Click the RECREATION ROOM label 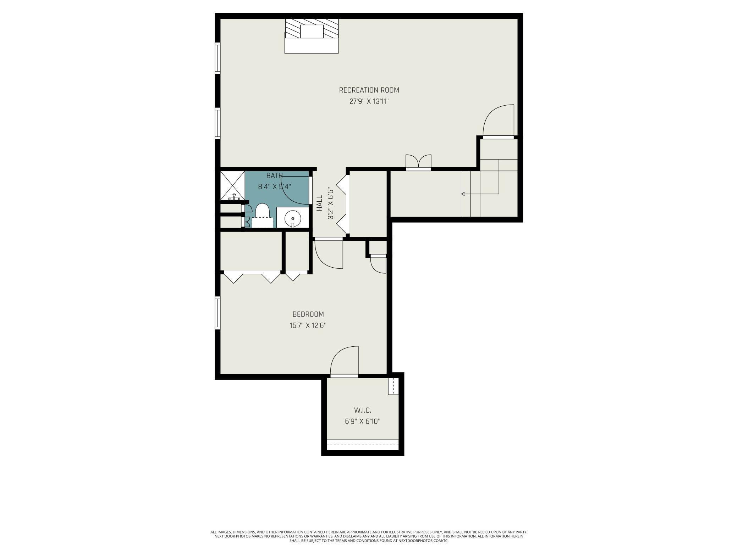click(x=369, y=90)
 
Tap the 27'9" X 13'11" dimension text click(x=369, y=101)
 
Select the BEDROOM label click(x=308, y=314)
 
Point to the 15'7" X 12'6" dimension click(x=308, y=325)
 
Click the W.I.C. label click(x=363, y=410)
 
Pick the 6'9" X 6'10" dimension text click(x=363, y=421)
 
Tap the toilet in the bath click(x=263, y=215)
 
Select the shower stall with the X click(x=233, y=186)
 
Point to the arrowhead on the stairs click(x=463, y=194)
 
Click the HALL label click(x=320, y=203)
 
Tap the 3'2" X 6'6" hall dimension click(x=331, y=203)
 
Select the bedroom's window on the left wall click(x=217, y=313)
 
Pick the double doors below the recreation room click(x=418, y=162)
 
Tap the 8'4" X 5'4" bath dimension click(x=275, y=186)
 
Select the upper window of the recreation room click(x=217, y=58)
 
